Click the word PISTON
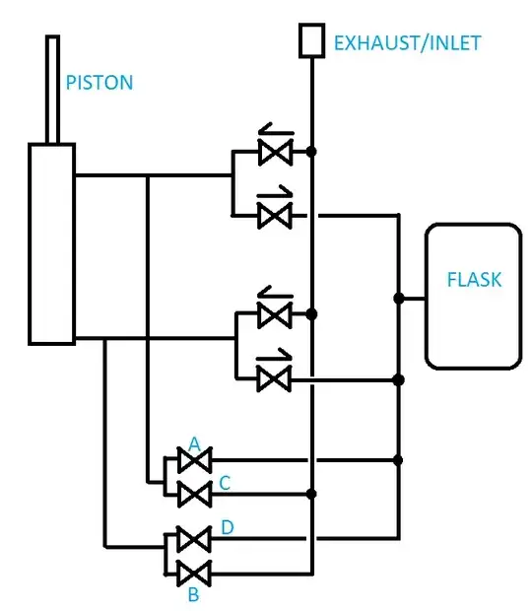coord(99,83)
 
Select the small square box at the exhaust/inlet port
coord(311,40)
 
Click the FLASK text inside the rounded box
coord(473,280)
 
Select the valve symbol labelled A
coord(194,460)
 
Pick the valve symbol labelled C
coord(194,493)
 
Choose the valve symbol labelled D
coord(194,539)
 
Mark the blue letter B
coord(194,594)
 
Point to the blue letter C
coord(226,482)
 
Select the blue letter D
coord(227,529)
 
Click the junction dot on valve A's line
coord(398,460)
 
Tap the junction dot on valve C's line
coord(311,493)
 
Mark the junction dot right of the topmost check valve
coord(311,152)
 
